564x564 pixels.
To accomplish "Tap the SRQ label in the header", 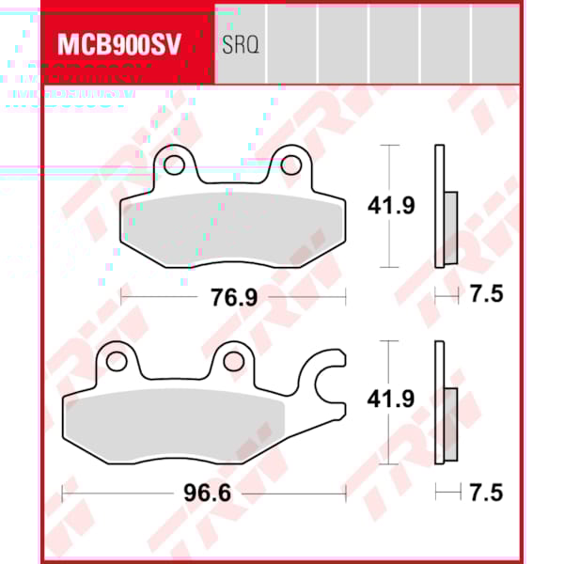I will point(240,44).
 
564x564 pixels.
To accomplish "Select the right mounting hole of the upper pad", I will point(292,166).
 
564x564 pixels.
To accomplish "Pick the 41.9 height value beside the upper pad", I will point(391,206).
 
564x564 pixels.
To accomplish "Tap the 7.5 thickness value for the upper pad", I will point(485,296).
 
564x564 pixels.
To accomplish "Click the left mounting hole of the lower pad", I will point(117,362).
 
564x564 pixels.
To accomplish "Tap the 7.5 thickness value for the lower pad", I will point(485,493).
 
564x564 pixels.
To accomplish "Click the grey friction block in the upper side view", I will point(449,228).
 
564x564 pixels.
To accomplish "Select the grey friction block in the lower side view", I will point(449,425).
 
